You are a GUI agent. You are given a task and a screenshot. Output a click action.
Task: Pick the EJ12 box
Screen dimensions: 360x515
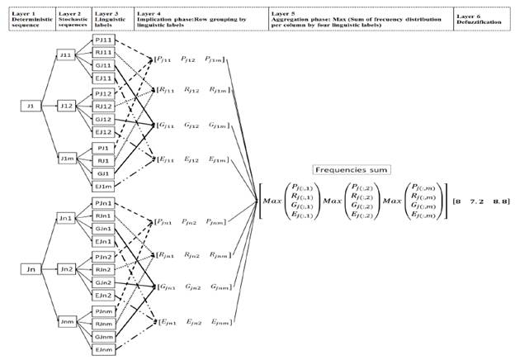pyautogui.click(x=103, y=132)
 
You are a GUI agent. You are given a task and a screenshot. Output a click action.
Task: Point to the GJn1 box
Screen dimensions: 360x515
pyautogui.click(x=103, y=228)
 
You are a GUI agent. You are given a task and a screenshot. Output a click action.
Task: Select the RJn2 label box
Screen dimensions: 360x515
pyautogui.click(x=103, y=269)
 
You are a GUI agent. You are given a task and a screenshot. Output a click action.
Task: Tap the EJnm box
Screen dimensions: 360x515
pyautogui.click(x=103, y=350)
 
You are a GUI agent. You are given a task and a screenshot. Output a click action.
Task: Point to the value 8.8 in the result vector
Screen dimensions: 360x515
pyautogui.click(x=500, y=201)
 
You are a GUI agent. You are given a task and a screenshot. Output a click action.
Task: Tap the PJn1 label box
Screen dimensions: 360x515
pyautogui.click(x=103, y=202)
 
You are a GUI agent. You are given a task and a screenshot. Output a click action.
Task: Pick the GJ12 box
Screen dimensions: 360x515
pyautogui.click(x=103, y=119)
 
